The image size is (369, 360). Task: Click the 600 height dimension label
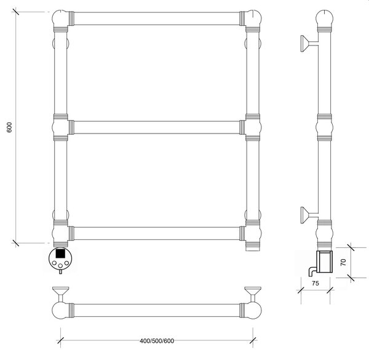pos(9,127)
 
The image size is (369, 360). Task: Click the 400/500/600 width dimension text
pos(157,341)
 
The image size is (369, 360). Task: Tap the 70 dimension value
pos(343,262)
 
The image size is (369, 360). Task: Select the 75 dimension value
pos(315,284)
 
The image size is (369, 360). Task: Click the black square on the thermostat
pos(60,254)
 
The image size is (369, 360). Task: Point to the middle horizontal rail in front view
pos(157,127)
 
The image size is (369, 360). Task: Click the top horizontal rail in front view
pos(157,18)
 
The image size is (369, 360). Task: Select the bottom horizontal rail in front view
pos(157,233)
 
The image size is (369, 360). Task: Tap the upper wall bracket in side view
pos(309,43)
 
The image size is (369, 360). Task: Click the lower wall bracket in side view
pos(309,215)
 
